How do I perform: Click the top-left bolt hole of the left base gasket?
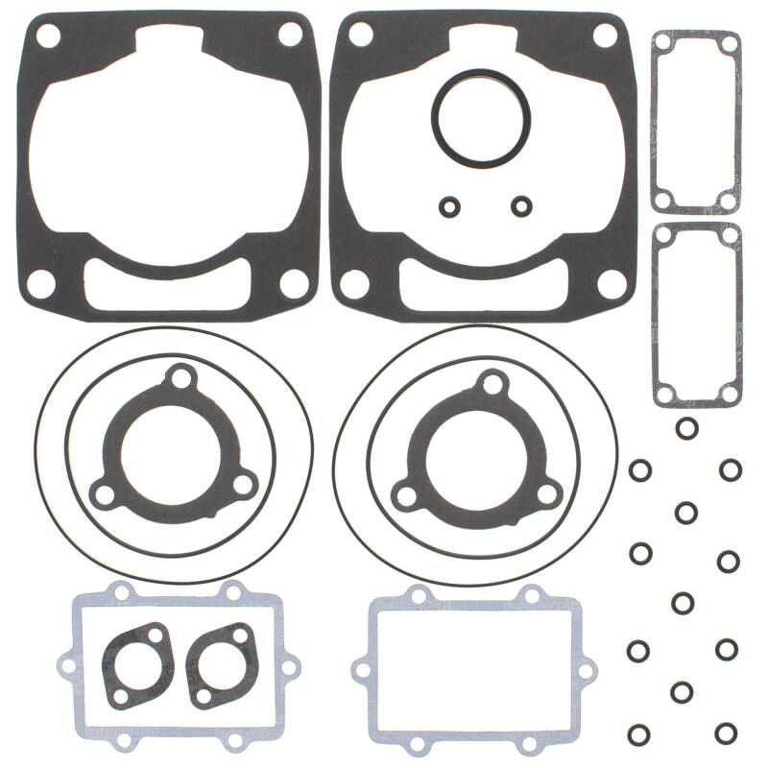point(45,36)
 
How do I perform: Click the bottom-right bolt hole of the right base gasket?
point(608,282)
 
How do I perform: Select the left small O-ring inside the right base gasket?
point(448,205)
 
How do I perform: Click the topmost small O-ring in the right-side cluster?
point(685,428)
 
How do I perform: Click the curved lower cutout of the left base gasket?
point(169,285)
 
